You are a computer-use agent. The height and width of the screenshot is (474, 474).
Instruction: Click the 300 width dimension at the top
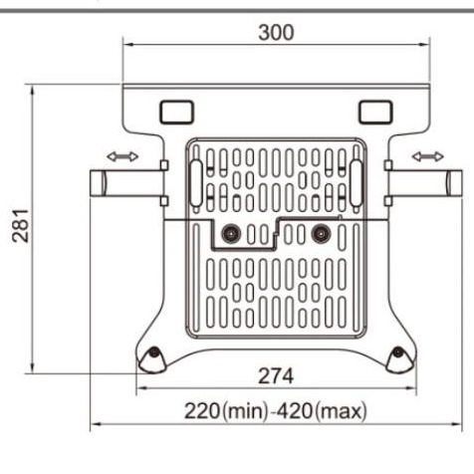pyautogui.click(x=276, y=32)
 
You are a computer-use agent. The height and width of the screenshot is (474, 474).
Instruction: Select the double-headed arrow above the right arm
pyautogui.click(x=430, y=156)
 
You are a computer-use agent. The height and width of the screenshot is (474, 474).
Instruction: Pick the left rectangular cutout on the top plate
pyautogui.click(x=173, y=108)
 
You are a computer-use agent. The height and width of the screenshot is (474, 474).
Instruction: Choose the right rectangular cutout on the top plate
pyautogui.click(x=376, y=108)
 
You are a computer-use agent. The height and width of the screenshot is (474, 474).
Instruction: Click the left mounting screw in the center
pyautogui.click(x=231, y=233)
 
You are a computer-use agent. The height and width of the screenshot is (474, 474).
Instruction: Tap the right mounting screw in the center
pyautogui.click(x=320, y=233)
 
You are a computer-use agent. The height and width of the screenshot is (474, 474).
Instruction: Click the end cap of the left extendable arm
pyautogui.click(x=98, y=183)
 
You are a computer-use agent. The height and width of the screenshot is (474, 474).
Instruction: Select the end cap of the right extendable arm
pyautogui.click(x=454, y=183)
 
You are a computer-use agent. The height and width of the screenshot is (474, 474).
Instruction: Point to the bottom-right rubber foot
pyautogui.click(x=398, y=359)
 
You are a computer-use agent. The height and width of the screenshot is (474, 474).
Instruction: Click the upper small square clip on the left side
pyautogui.click(x=164, y=165)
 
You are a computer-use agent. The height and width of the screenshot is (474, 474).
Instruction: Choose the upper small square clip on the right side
pyautogui.click(x=386, y=165)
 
